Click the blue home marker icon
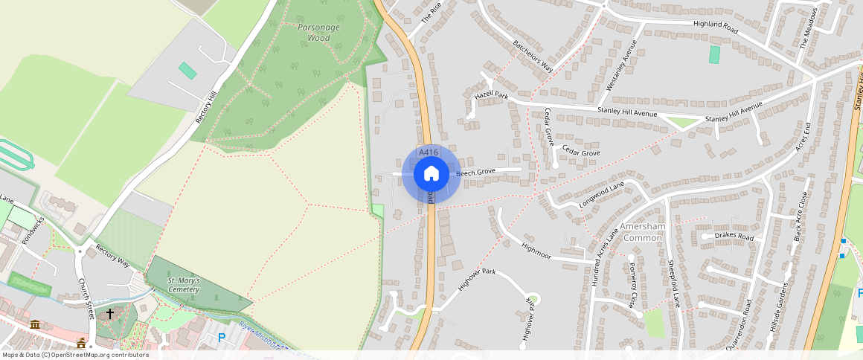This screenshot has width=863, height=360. [x=431, y=174]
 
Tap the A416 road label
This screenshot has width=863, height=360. [x=429, y=152]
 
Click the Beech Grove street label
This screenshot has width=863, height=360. [x=475, y=173]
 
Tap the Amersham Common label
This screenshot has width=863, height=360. [x=642, y=232]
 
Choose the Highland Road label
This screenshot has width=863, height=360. [x=715, y=24]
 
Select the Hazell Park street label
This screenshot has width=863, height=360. [x=491, y=96]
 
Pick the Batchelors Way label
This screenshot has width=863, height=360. [x=533, y=56]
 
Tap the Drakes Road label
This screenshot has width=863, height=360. [x=734, y=237]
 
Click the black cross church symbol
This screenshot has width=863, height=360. [x=110, y=314]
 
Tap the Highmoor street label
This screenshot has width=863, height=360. [x=536, y=251]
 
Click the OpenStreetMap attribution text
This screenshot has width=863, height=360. [x=75, y=355]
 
